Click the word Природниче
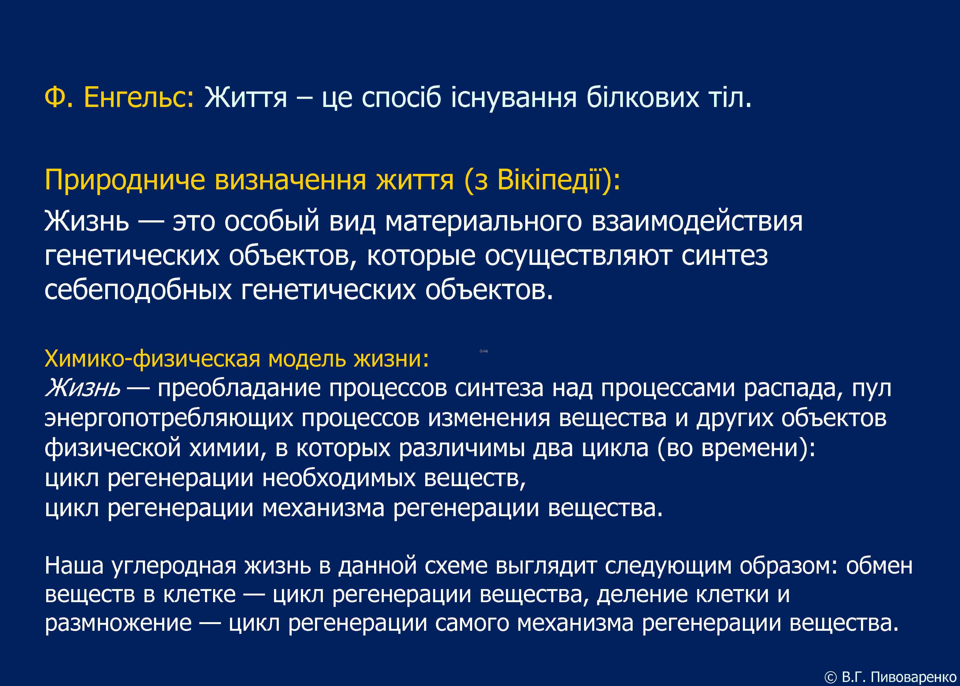tap(125, 180)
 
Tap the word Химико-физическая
tap(152, 359)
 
